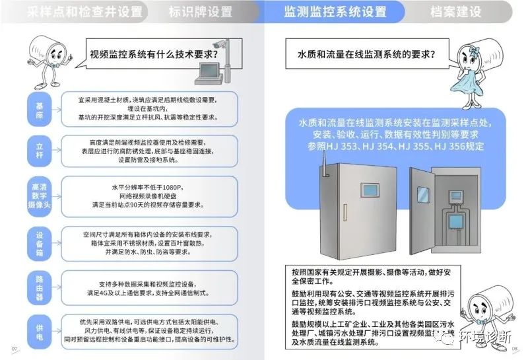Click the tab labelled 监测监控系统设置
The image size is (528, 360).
point(335,12)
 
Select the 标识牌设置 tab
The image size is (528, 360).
point(200,12)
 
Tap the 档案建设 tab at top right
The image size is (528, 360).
point(455,12)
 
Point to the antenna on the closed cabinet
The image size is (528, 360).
point(323,165)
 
